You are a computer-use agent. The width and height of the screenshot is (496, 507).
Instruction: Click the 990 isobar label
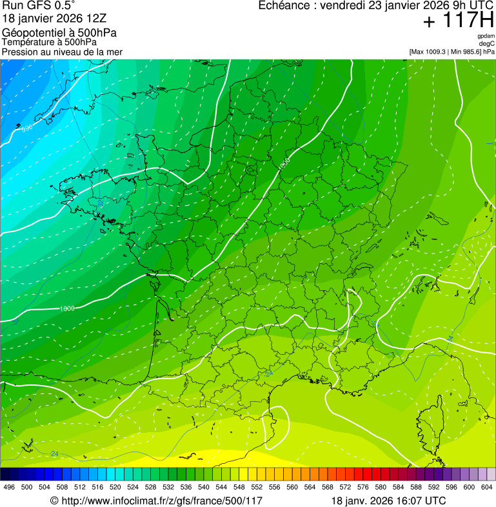[26, 129]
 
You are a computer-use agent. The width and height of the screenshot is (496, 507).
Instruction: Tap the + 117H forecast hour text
[458, 21]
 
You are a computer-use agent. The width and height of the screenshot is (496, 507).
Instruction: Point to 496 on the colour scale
[9, 487]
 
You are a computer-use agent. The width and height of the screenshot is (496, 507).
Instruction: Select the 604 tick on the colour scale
[486, 487]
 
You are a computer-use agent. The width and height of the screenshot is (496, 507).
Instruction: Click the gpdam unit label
[486, 36]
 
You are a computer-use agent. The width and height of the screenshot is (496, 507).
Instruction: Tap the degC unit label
[487, 44]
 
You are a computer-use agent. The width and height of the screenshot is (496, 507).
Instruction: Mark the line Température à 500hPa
[50, 42]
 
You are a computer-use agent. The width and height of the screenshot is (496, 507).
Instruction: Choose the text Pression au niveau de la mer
[62, 52]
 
